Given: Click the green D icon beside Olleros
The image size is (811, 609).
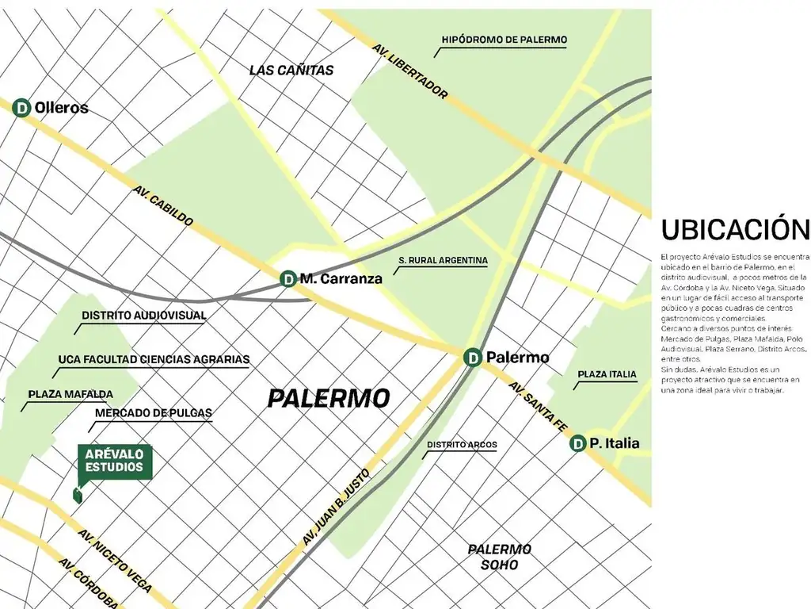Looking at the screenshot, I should [22, 107].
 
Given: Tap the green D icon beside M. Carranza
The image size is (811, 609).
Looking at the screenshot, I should [288, 278].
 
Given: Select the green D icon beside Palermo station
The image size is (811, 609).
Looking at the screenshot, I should [473, 358].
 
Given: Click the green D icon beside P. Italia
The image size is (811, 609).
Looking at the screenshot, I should [578, 443].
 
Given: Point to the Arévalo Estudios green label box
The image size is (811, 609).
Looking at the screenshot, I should [114, 462].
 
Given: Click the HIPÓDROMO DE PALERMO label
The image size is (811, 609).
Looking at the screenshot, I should [504, 40].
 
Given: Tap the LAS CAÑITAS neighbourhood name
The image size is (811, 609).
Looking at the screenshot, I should [291, 70].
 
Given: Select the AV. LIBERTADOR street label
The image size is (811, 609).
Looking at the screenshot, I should [410, 71].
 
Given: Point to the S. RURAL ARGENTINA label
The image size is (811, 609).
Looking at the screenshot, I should [443, 260].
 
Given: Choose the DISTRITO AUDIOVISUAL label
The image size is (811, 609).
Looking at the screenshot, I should [143, 315].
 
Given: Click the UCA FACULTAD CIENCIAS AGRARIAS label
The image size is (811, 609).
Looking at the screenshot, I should [154, 359].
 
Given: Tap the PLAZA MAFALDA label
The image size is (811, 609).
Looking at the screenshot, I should [70, 394].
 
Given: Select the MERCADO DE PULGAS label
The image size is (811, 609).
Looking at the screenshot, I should [154, 413].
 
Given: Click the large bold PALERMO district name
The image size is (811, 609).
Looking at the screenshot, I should [328, 398].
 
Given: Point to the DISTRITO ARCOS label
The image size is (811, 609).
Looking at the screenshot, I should [462, 445].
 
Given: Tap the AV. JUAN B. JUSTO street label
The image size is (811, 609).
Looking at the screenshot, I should [336, 506].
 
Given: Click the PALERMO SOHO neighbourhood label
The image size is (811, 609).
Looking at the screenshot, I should [499, 557].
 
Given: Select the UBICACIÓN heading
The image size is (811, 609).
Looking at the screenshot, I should [735, 230].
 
